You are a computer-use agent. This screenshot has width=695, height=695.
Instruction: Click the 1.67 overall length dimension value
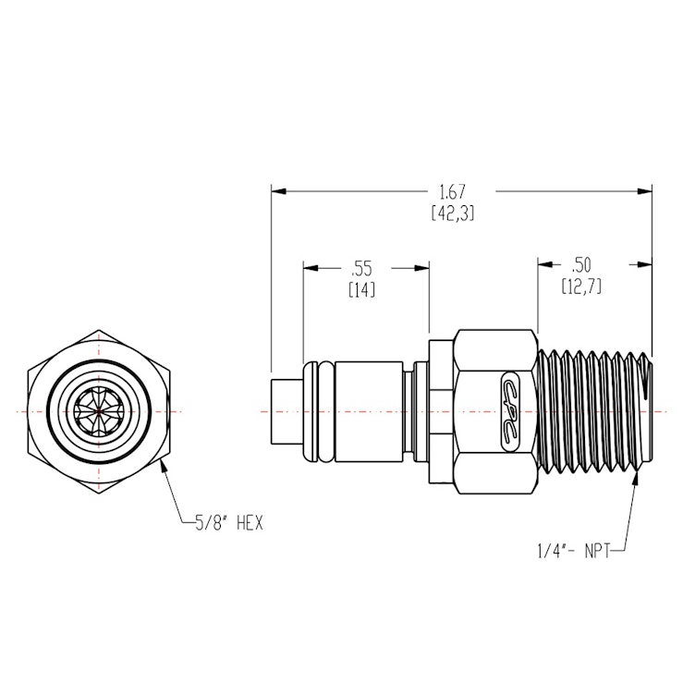pyautogui.click(x=452, y=192)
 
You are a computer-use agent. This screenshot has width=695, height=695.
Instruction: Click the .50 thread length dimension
pyautogui.click(x=582, y=264)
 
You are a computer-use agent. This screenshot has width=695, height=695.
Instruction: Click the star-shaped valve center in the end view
pyautogui.click(x=99, y=409)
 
